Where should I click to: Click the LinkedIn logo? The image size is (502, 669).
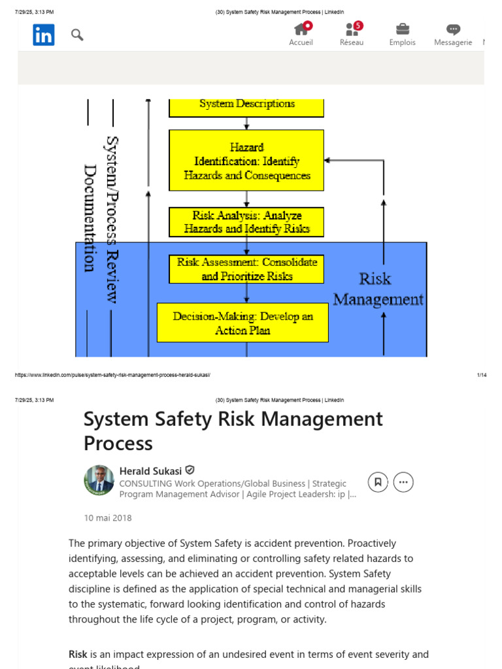pyautogui.click(x=44, y=35)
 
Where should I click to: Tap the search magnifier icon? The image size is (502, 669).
pyautogui.click(x=77, y=35)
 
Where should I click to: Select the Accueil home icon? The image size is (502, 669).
pyautogui.click(x=301, y=29)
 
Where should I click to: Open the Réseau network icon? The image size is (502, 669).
pyautogui.click(x=352, y=29)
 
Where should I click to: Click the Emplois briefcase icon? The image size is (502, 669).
pyautogui.click(x=403, y=29)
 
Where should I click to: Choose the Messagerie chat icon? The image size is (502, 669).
pyautogui.click(x=453, y=29)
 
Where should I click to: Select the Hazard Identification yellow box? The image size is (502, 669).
pyautogui.click(x=246, y=161)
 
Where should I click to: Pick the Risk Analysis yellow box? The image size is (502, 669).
pyautogui.click(x=246, y=222)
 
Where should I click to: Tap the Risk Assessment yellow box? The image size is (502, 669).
pyautogui.click(x=246, y=269)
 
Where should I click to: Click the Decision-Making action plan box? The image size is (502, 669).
pyautogui.click(x=243, y=323)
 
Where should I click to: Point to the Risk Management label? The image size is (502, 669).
pyautogui.click(x=378, y=289)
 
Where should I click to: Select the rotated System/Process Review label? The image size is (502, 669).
pyautogui.click(x=112, y=220)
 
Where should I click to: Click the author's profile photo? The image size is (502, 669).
pyautogui.click(x=99, y=480)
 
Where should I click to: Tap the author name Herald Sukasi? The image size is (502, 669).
pyautogui.click(x=151, y=470)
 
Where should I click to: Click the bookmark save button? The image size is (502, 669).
pyautogui.click(x=377, y=482)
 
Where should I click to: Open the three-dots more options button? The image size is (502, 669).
pyautogui.click(x=403, y=482)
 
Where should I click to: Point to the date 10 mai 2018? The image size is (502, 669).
pyautogui.click(x=108, y=518)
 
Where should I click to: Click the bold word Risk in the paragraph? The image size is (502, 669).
pyautogui.click(x=78, y=654)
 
